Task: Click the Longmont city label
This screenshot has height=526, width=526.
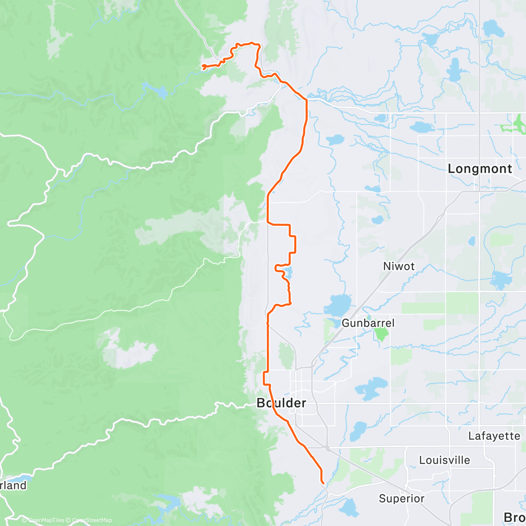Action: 480,169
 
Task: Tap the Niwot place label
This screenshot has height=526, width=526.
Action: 398,266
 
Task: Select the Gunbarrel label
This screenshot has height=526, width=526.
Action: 368,323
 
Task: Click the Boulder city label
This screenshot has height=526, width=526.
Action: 281,403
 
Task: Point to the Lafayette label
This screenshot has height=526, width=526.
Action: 494,436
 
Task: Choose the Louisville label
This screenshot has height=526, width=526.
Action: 444,460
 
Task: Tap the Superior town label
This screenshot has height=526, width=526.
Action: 402,498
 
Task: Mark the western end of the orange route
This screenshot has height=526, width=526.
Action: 203,66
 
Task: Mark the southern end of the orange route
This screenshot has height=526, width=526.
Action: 323,483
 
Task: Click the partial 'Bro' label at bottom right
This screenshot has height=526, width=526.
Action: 514,517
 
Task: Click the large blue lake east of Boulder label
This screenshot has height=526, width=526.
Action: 371,387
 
